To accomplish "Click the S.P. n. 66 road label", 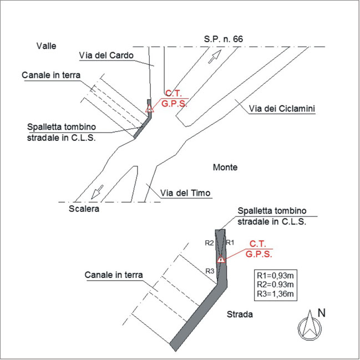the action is (223, 39).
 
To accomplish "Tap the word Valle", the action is (47, 46).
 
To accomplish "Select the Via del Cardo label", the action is (106, 55).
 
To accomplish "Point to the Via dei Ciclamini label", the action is (282, 109).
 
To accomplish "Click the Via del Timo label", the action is (185, 193).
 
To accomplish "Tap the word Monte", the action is (225, 167).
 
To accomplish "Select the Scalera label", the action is (84, 209).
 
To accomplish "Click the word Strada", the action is (240, 314).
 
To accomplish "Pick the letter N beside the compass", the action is (321, 313).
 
